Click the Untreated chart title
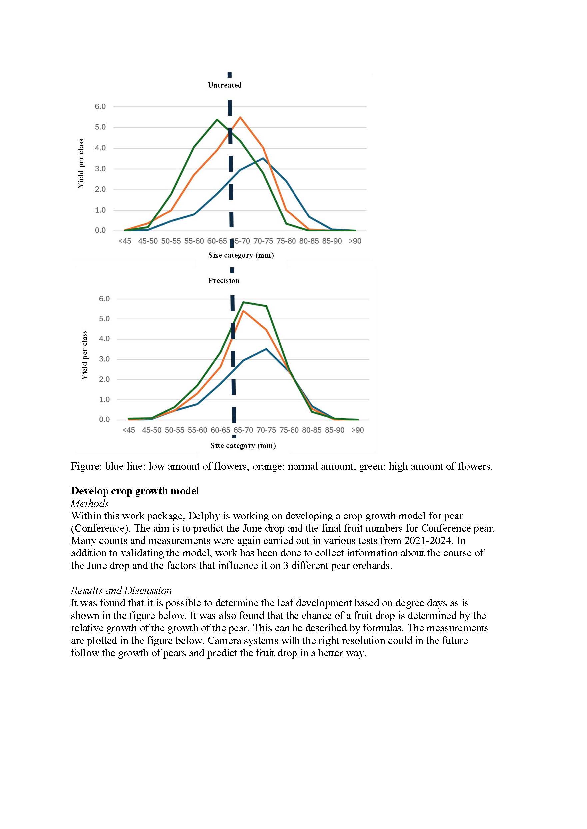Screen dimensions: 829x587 (x=225, y=85)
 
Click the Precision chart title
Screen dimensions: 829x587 (x=224, y=281)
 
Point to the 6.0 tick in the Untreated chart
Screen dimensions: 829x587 (x=100, y=107)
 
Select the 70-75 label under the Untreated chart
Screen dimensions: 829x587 (x=263, y=241)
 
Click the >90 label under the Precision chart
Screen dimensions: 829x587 (x=358, y=430)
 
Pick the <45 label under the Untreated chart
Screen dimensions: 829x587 (x=125, y=241)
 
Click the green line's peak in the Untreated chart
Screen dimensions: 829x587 (x=217, y=119)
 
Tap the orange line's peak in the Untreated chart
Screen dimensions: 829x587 (x=240, y=117)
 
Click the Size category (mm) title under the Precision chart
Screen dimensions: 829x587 (x=243, y=446)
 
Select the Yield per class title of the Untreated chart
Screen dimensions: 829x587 (x=81, y=163)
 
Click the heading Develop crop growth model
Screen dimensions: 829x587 (x=135, y=491)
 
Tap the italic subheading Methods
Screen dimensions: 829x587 (x=90, y=504)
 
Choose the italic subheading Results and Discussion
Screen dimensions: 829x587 (x=121, y=591)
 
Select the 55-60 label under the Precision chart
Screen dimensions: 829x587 (x=197, y=430)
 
